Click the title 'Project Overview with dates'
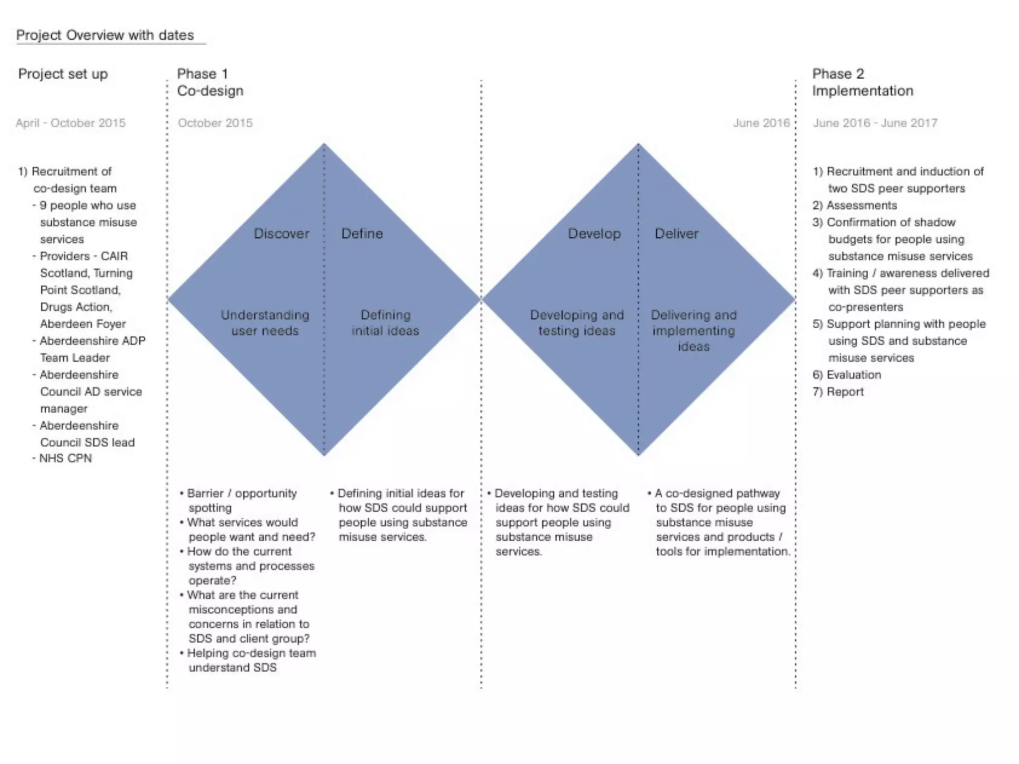[105, 35]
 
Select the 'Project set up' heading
[63, 74]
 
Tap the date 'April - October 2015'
[70, 123]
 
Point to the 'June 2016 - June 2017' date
[875, 123]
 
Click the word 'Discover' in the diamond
[281, 233]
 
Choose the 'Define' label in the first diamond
[362, 233]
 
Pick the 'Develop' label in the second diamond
[594, 233]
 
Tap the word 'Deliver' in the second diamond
[676, 233]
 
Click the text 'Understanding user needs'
[265, 323]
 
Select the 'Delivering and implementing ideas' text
[694, 330]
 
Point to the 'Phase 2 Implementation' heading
[862, 83]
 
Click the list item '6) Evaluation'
[846, 375]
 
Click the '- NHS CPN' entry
[62, 458]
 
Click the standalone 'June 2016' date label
[761, 123]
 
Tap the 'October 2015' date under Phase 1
[215, 123]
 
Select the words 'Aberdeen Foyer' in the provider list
[83, 324]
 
